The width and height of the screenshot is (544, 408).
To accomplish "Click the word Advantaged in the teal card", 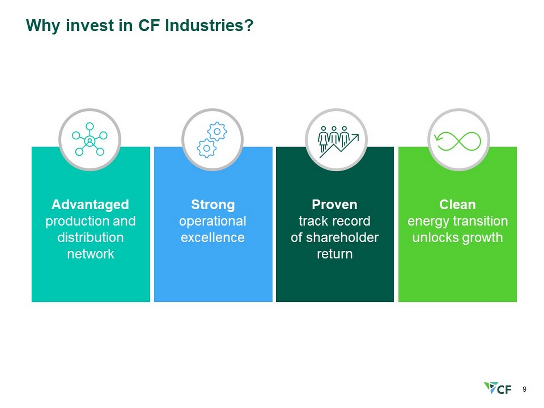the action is click(90, 205).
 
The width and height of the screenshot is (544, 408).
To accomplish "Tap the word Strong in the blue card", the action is click(213, 205).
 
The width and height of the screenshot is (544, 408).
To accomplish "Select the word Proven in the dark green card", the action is click(334, 205).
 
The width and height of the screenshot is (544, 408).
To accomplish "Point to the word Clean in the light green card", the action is click(457, 205).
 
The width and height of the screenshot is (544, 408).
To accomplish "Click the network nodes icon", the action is click(90, 139).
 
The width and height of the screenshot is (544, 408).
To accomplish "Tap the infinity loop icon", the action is click(458, 141).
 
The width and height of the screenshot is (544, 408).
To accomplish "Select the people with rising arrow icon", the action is click(338, 142).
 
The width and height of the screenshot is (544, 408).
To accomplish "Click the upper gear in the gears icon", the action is click(217, 132).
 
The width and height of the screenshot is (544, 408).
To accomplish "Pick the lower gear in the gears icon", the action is click(206, 148).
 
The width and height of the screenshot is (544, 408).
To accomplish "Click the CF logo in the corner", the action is click(498, 388).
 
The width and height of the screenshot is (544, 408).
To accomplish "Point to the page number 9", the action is click(524, 389).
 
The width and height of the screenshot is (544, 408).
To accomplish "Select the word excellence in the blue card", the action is click(213, 237).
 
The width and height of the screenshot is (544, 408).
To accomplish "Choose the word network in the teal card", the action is click(90, 254).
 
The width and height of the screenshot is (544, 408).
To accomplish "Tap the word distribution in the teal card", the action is click(90, 237).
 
